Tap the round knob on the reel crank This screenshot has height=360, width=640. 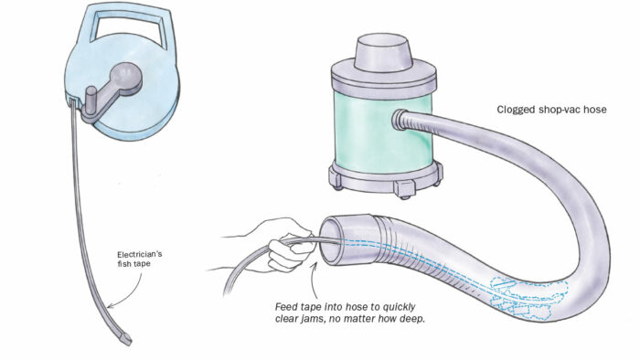click(128, 74)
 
